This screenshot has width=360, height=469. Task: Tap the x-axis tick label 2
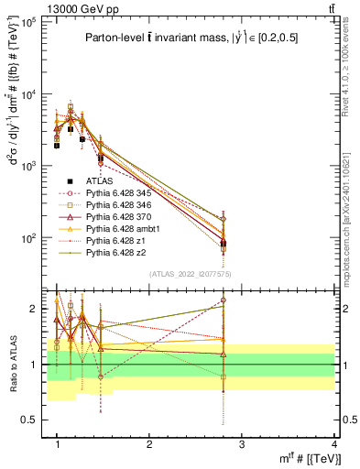click(x=149, y=443)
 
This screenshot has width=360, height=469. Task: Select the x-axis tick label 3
click(x=242, y=443)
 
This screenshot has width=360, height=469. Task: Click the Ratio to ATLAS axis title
click(x=12, y=365)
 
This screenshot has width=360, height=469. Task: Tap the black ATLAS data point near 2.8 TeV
click(x=224, y=243)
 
